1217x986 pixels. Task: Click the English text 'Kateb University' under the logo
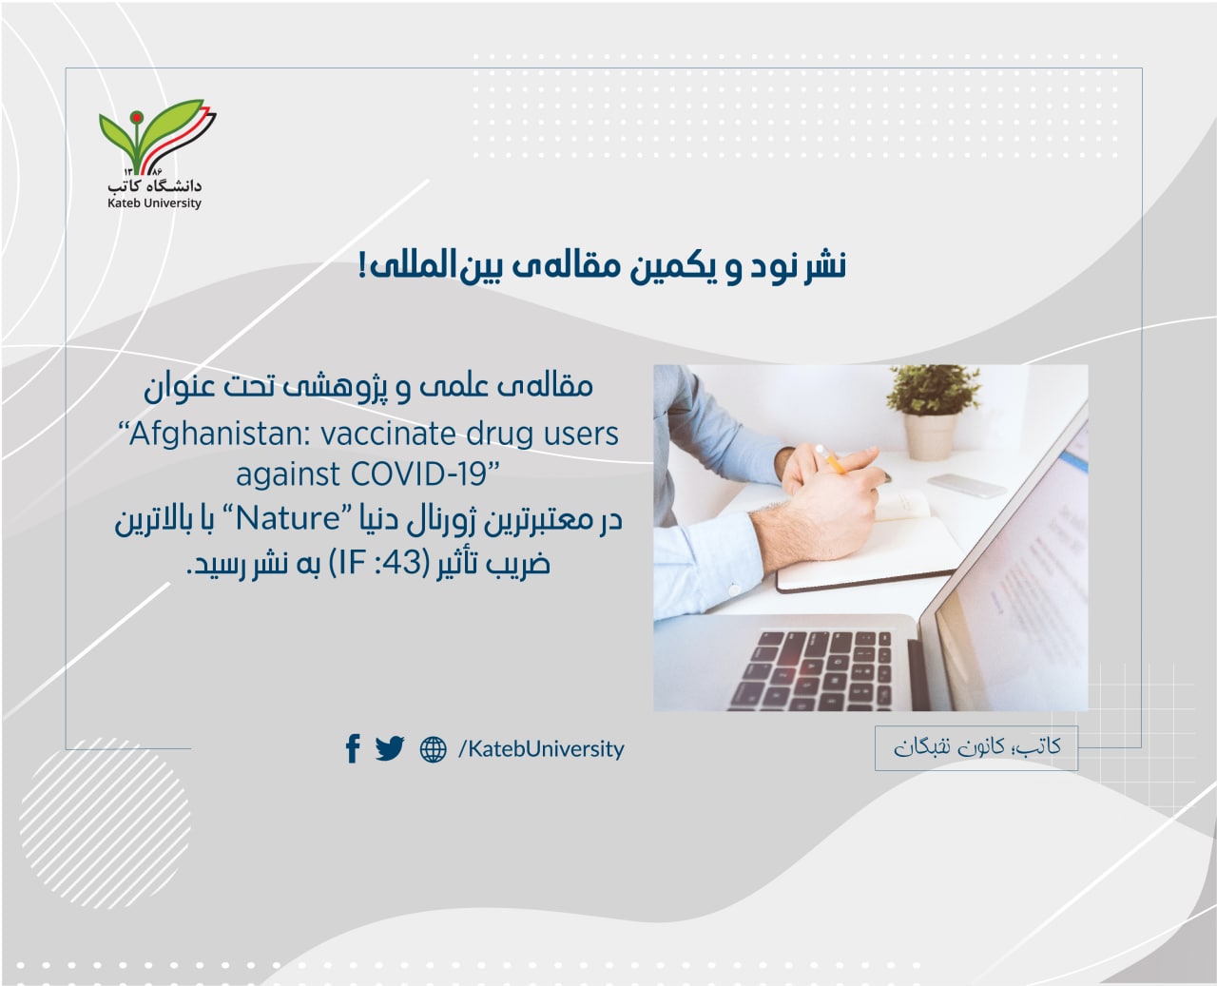click(x=154, y=203)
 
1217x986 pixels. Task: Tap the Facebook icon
click(x=353, y=748)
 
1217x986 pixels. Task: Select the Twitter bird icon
click(x=390, y=748)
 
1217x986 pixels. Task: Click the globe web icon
click(x=434, y=749)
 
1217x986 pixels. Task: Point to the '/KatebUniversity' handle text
click(x=541, y=749)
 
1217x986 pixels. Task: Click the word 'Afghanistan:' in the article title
click(x=214, y=435)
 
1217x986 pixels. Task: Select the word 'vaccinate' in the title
click(x=389, y=435)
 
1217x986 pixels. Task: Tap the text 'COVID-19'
click(x=423, y=474)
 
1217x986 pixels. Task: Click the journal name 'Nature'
click(x=288, y=519)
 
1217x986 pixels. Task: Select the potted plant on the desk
click(x=932, y=413)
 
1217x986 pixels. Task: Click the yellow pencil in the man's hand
click(x=831, y=460)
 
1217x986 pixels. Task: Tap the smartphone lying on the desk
click(x=966, y=485)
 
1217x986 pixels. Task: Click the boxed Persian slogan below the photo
click(x=976, y=747)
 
